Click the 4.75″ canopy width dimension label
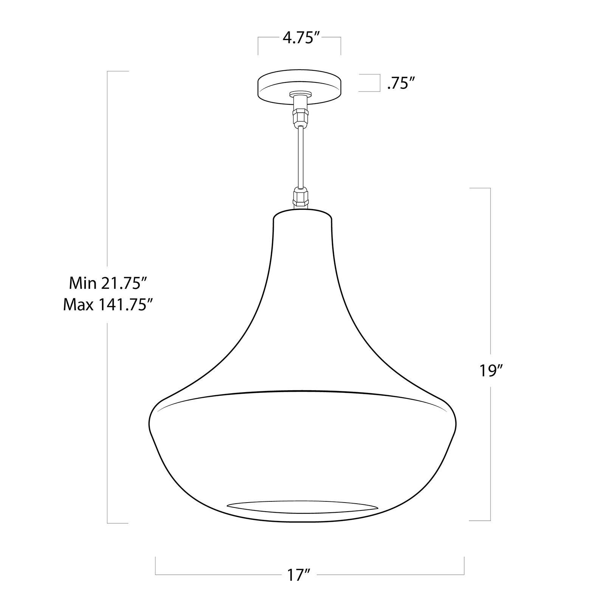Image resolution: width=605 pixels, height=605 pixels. pyautogui.click(x=299, y=38)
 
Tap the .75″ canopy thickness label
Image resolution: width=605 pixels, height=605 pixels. pyautogui.click(x=399, y=84)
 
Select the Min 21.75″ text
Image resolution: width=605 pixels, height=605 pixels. pyautogui.click(x=105, y=283)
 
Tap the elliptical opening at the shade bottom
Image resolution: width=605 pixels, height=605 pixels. pyautogui.click(x=302, y=507)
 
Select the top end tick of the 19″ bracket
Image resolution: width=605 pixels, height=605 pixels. pyautogui.click(x=480, y=188)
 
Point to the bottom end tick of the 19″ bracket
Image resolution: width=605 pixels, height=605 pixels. pyautogui.click(x=480, y=521)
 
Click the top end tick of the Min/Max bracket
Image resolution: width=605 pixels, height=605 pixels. pyautogui.click(x=118, y=71)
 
